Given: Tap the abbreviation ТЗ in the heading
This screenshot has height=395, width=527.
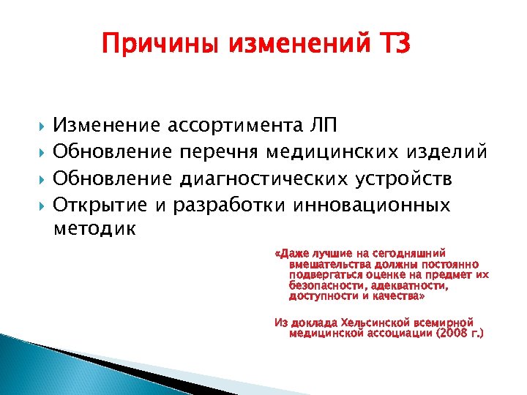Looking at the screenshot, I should [394, 46].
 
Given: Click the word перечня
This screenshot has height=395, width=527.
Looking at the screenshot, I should [223, 153].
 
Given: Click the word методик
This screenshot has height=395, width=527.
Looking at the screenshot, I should [94, 230].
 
